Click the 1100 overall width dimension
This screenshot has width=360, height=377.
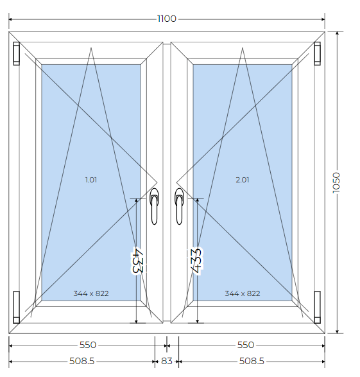click(x=167, y=19)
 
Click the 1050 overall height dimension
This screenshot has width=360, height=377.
click(x=336, y=182)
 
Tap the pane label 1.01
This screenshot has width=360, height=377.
click(x=91, y=180)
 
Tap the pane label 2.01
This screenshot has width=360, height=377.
click(x=243, y=180)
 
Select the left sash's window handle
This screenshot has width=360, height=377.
click(x=154, y=206)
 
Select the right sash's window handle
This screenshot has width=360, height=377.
click(x=179, y=206)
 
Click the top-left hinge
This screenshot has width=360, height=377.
click(x=16, y=53)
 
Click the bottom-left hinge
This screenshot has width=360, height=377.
click(x=16, y=307)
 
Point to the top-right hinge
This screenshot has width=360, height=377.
click(x=317, y=53)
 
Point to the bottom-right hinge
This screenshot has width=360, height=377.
click(x=317, y=307)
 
